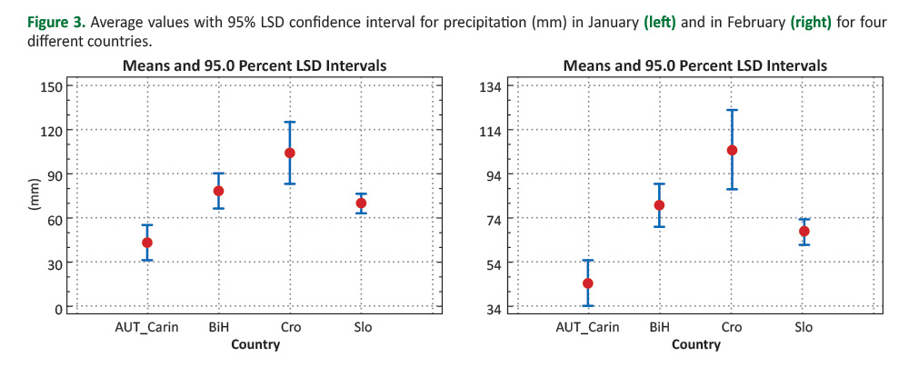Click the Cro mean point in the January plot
[x=290, y=153]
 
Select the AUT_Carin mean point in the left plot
[x=147, y=243]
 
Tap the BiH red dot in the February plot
[x=660, y=205]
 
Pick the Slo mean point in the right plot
[x=804, y=231]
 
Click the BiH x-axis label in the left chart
[x=218, y=327]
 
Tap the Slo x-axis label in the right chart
[x=804, y=327]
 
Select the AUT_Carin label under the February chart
[x=588, y=327]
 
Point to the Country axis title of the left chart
[x=255, y=344]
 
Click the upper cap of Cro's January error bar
[x=290, y=122]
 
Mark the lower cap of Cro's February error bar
[x=732, y=189]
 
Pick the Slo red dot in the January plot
[x=361, y=203]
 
